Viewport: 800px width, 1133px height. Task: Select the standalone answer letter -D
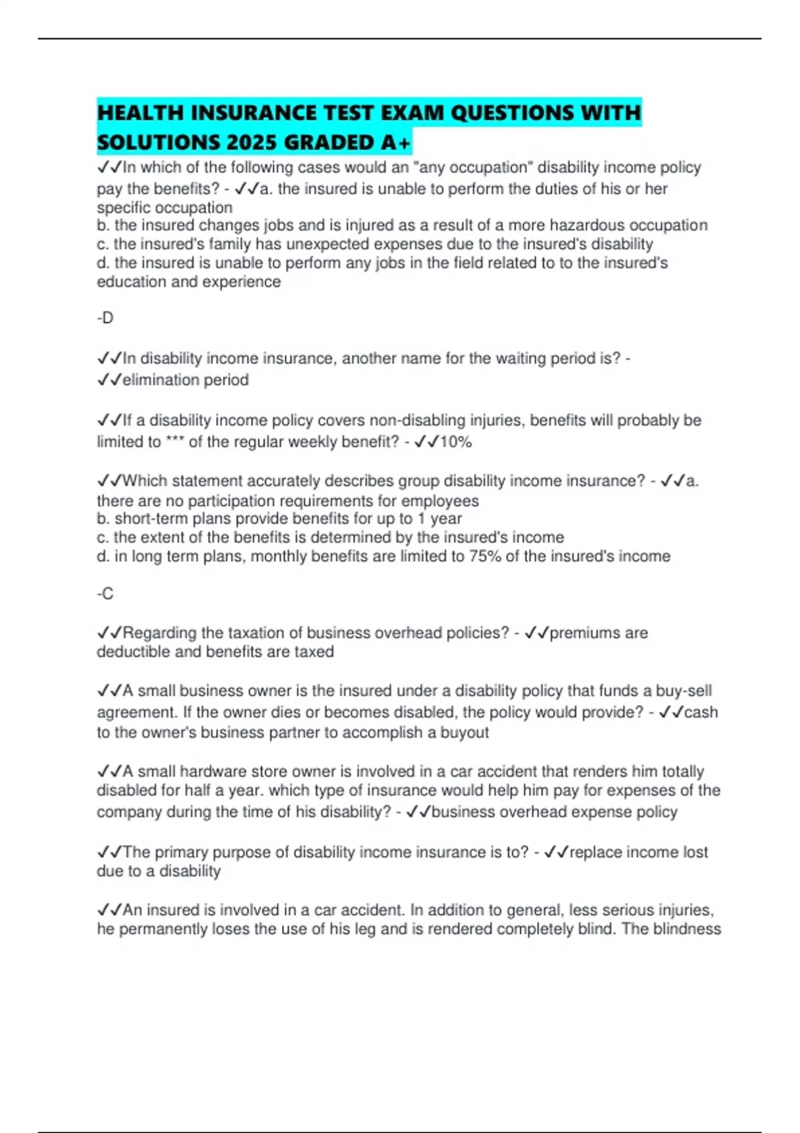105,318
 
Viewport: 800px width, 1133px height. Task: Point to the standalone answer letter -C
105,593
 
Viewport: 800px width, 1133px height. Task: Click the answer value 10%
455,442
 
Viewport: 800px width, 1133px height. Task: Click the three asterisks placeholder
175,442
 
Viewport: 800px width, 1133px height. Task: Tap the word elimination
161,380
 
